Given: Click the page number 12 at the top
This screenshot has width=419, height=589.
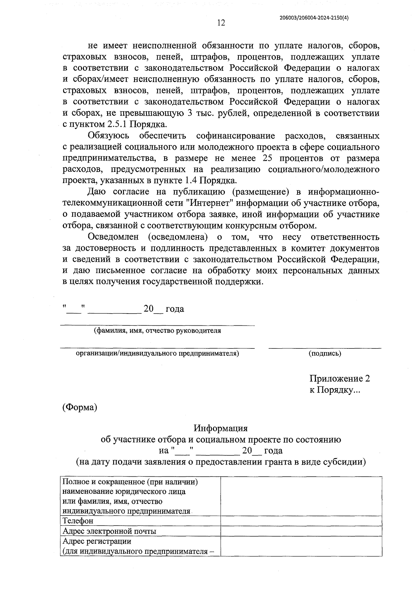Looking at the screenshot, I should click(221, 23).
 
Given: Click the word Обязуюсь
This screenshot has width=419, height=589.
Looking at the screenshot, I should click(108, 136).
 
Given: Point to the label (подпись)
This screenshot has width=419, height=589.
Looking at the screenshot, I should click(325, 354).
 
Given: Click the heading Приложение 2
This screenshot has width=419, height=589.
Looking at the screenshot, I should click(339, 379).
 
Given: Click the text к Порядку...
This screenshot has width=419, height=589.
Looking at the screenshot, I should click(334, 390).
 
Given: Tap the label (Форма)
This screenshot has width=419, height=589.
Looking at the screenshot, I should click(80, 407).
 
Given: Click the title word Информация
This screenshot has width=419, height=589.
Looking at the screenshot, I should click(221, 428).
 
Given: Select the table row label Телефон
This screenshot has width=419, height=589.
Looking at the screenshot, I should click(78, 521).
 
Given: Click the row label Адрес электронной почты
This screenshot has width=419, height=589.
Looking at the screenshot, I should click(109, 531).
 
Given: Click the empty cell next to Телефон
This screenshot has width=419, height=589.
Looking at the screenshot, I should click(301, 521).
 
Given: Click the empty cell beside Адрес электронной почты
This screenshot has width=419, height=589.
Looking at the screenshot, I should click(301, 531).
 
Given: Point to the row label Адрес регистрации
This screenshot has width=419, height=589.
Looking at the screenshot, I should click(97, 541).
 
